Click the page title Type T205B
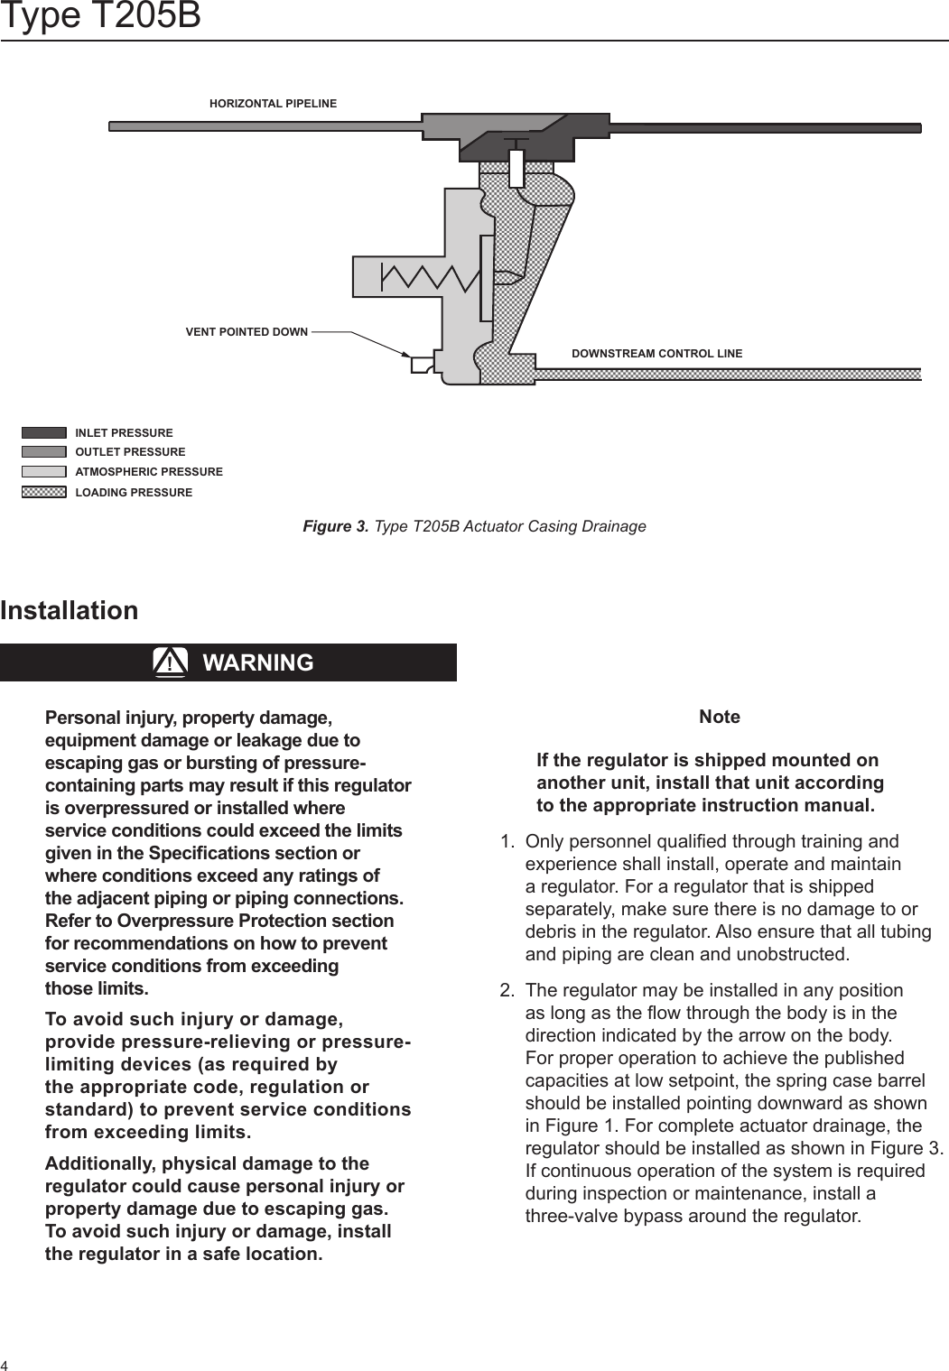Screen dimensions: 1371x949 click(100, 16)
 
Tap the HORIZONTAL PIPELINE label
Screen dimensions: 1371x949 click(273, 104)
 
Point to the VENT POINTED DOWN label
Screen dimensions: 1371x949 click(247, 332)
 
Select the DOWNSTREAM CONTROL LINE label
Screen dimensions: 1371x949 click(656, 354)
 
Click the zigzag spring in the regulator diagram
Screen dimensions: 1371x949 click(430, 277)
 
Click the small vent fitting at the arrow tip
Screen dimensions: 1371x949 click(422, 365)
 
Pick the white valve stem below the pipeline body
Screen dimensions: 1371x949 click(516, 167)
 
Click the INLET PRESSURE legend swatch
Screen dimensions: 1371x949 click(44, 432)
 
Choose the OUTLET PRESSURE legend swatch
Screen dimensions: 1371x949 click(44, 451)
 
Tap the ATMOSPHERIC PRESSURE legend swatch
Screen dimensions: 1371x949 click(44, 471)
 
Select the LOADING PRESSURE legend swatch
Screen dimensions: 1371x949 click(44, 492)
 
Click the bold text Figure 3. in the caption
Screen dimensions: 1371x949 click(335, 526)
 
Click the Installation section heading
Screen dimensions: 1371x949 click(70, 610)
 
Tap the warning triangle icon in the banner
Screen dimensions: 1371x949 click(170, 662)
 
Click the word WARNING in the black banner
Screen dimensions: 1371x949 click(258, 662)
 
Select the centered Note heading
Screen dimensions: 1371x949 click(720, 717)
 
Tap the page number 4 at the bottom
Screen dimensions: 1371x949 click(5, 1364)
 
